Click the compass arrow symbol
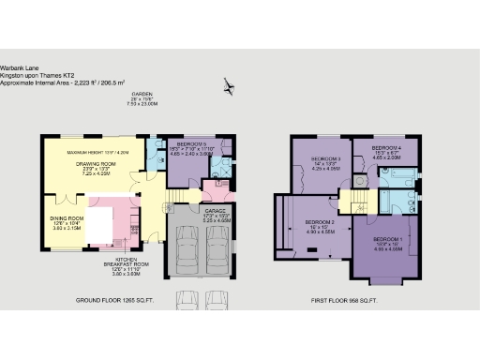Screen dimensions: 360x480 click(230, 88)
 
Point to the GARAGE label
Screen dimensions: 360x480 click(217, 211)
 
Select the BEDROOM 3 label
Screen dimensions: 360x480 click(325, 159)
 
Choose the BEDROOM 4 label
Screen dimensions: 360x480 click(386, 148)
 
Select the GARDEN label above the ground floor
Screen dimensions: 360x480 click(142, 96)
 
